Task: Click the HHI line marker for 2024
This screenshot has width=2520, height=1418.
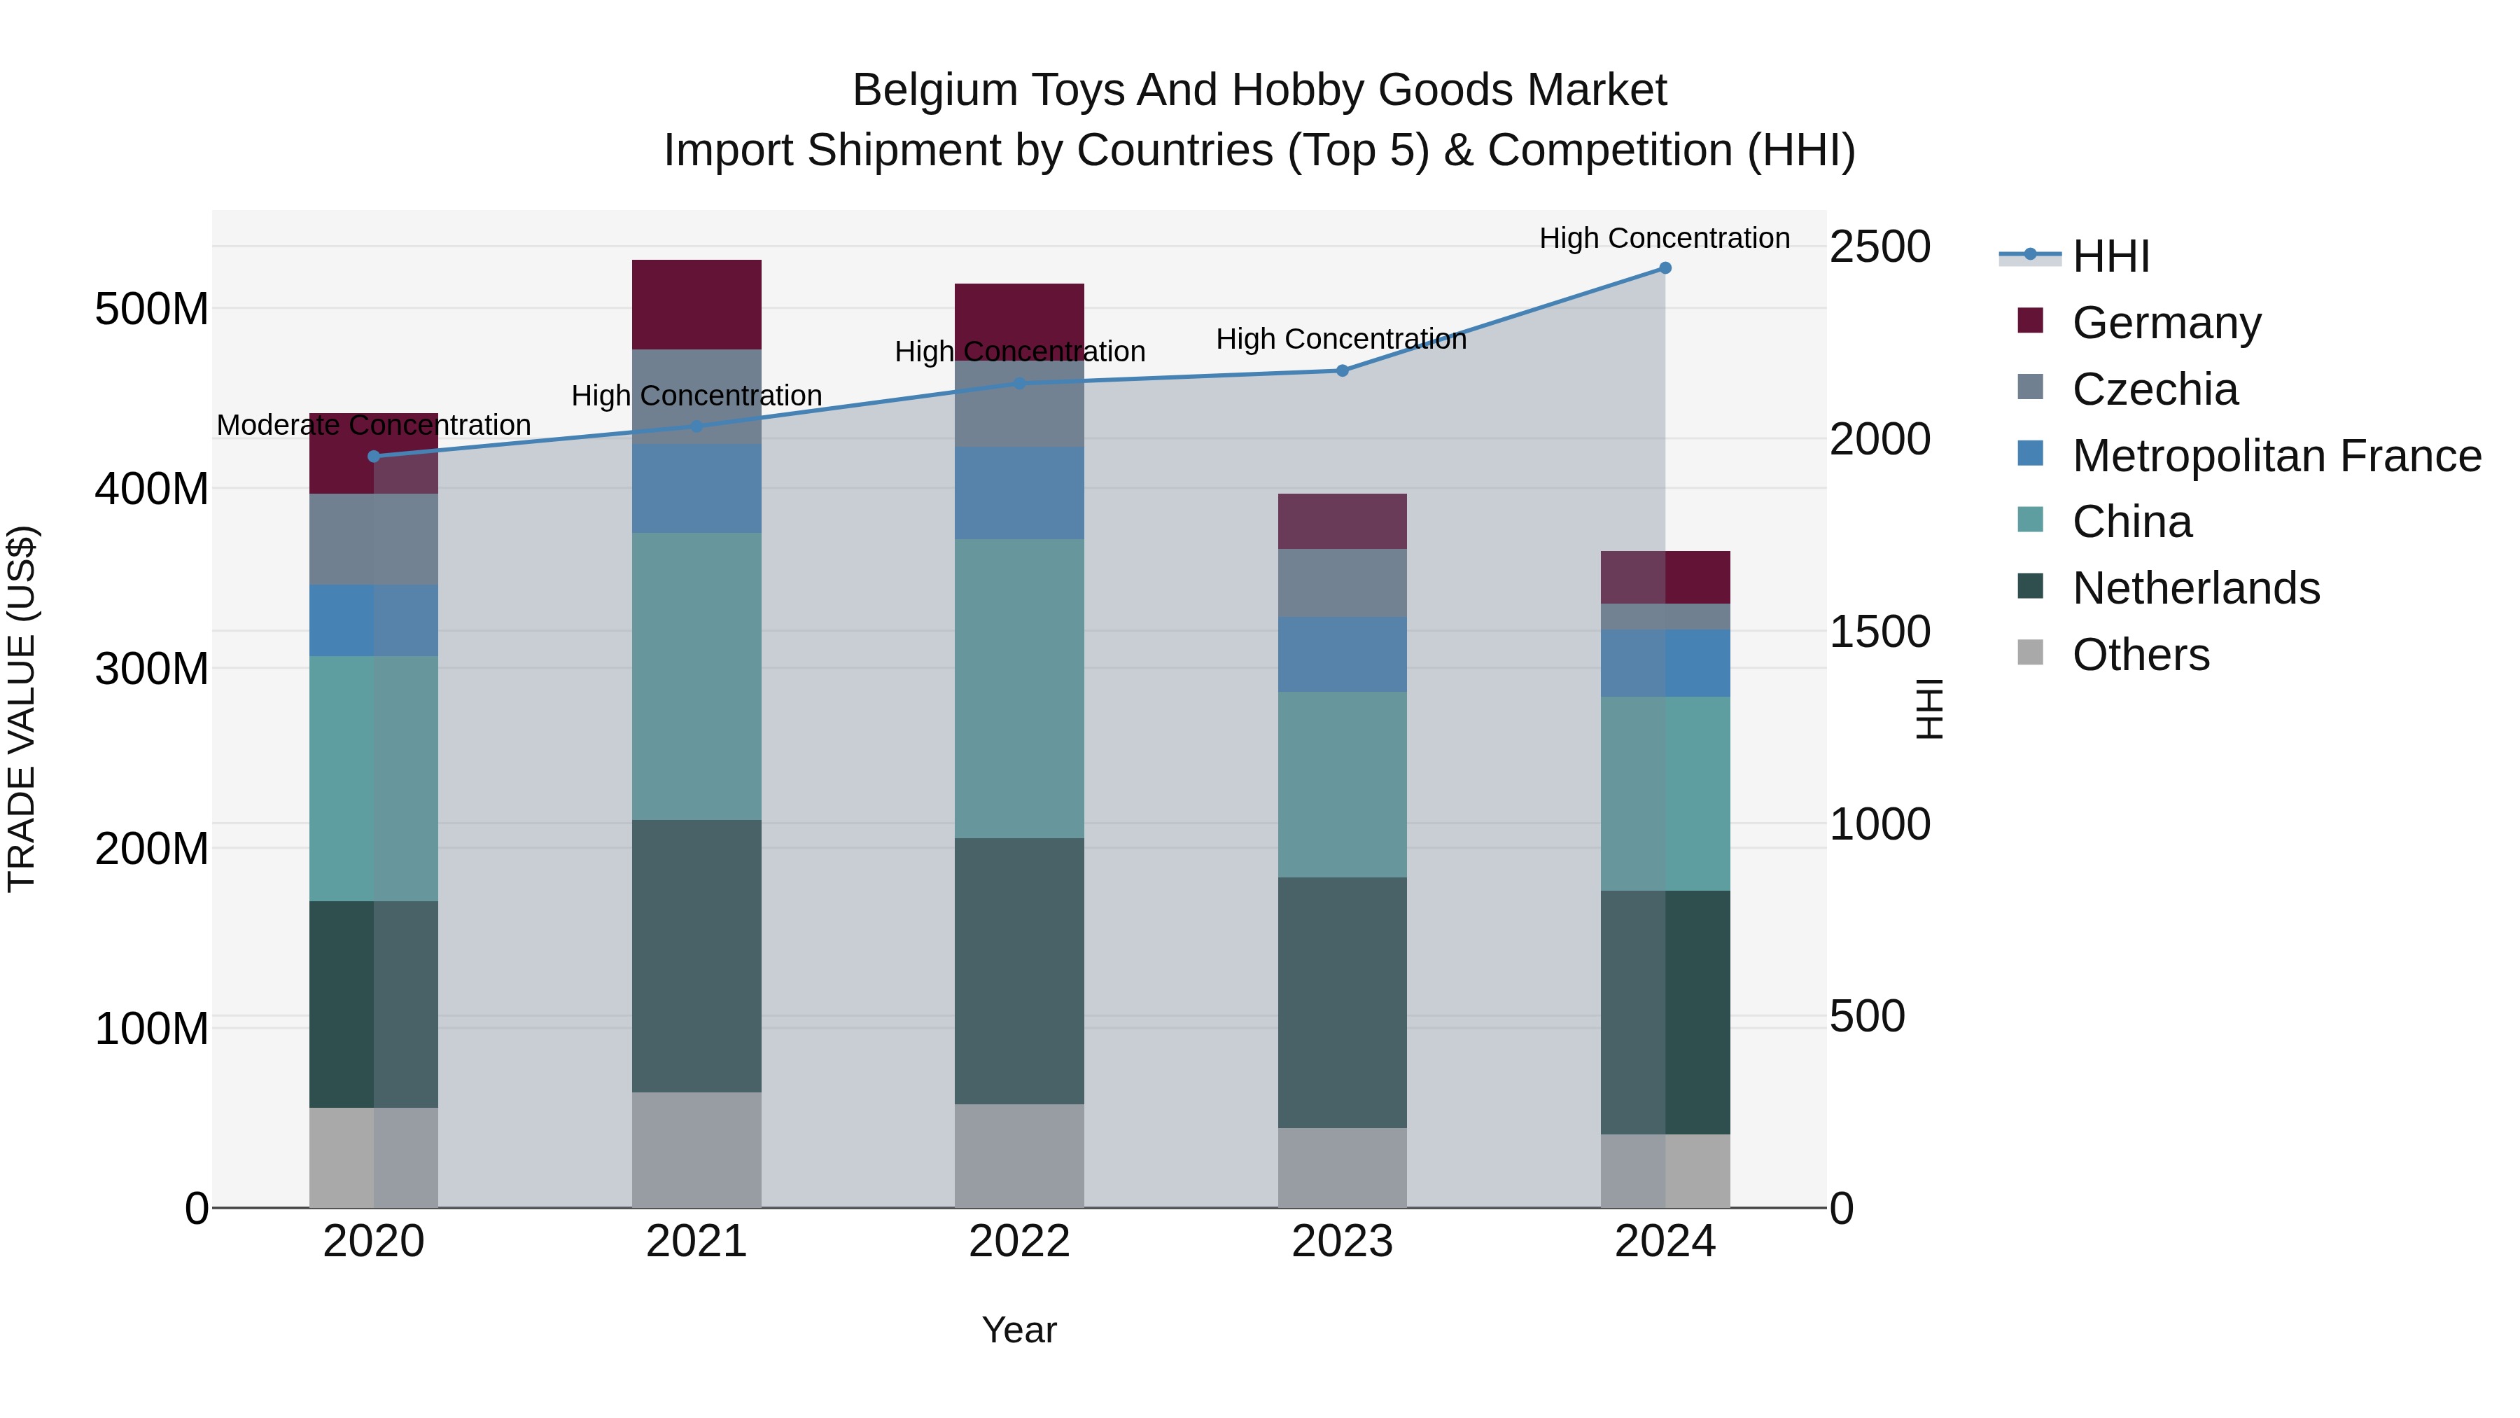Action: pyautogui.click(x=1665, y=268)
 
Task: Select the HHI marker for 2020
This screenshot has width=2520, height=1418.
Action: pyautogui.click(x=374, y=456)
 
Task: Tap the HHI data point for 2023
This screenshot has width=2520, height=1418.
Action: pyautogui.click(x=1342, y=371)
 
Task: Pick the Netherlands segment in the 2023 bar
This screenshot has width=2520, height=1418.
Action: pyautogui.click(x=1342, y=1002)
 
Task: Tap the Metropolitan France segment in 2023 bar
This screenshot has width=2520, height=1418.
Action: pyautogui.click(x=1342, y=655)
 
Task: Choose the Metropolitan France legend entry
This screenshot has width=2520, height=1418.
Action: pyautogui.click(x=2276, y=456)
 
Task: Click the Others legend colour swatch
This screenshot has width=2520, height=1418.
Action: pyautogui.click(x=2030, y=653)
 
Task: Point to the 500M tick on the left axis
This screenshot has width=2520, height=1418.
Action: pyautogui.click(x=152, y=310)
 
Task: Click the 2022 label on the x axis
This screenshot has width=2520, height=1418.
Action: pyautogui.click(x=1019, y=1242)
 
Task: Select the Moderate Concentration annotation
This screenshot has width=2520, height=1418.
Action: pyautogui.click(x=374, y=426)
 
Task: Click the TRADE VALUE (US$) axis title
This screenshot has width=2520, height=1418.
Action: pyautogui.click(x=22, y=709)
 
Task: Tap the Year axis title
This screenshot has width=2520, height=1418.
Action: pyautogui.click(x=1019, y=1330)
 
